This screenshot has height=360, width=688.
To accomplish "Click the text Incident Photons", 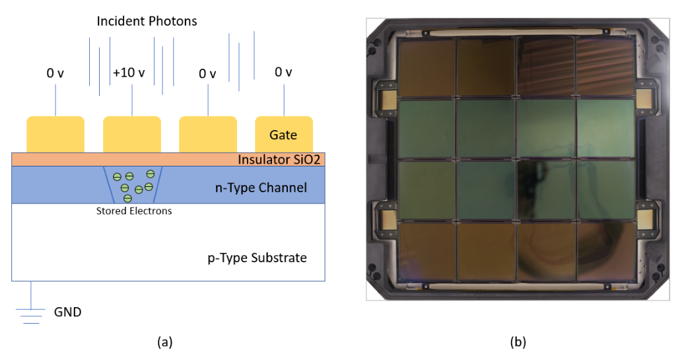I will click(147, 21).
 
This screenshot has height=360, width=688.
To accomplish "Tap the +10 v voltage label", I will click(128, 73).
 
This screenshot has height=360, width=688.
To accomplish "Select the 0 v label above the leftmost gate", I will click(55, 73).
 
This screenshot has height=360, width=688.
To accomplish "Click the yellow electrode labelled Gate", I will click(283, 134).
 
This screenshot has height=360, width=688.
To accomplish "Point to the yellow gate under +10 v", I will click(132, 134).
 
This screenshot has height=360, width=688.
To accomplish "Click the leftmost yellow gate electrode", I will click(55, 134).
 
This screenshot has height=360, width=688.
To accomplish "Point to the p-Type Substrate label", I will click(253, 258).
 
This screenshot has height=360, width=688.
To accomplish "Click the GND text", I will click(67, 312).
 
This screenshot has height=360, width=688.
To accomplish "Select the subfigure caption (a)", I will click(164, 342).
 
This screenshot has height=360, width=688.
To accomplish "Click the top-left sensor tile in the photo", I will click(427, 68).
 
